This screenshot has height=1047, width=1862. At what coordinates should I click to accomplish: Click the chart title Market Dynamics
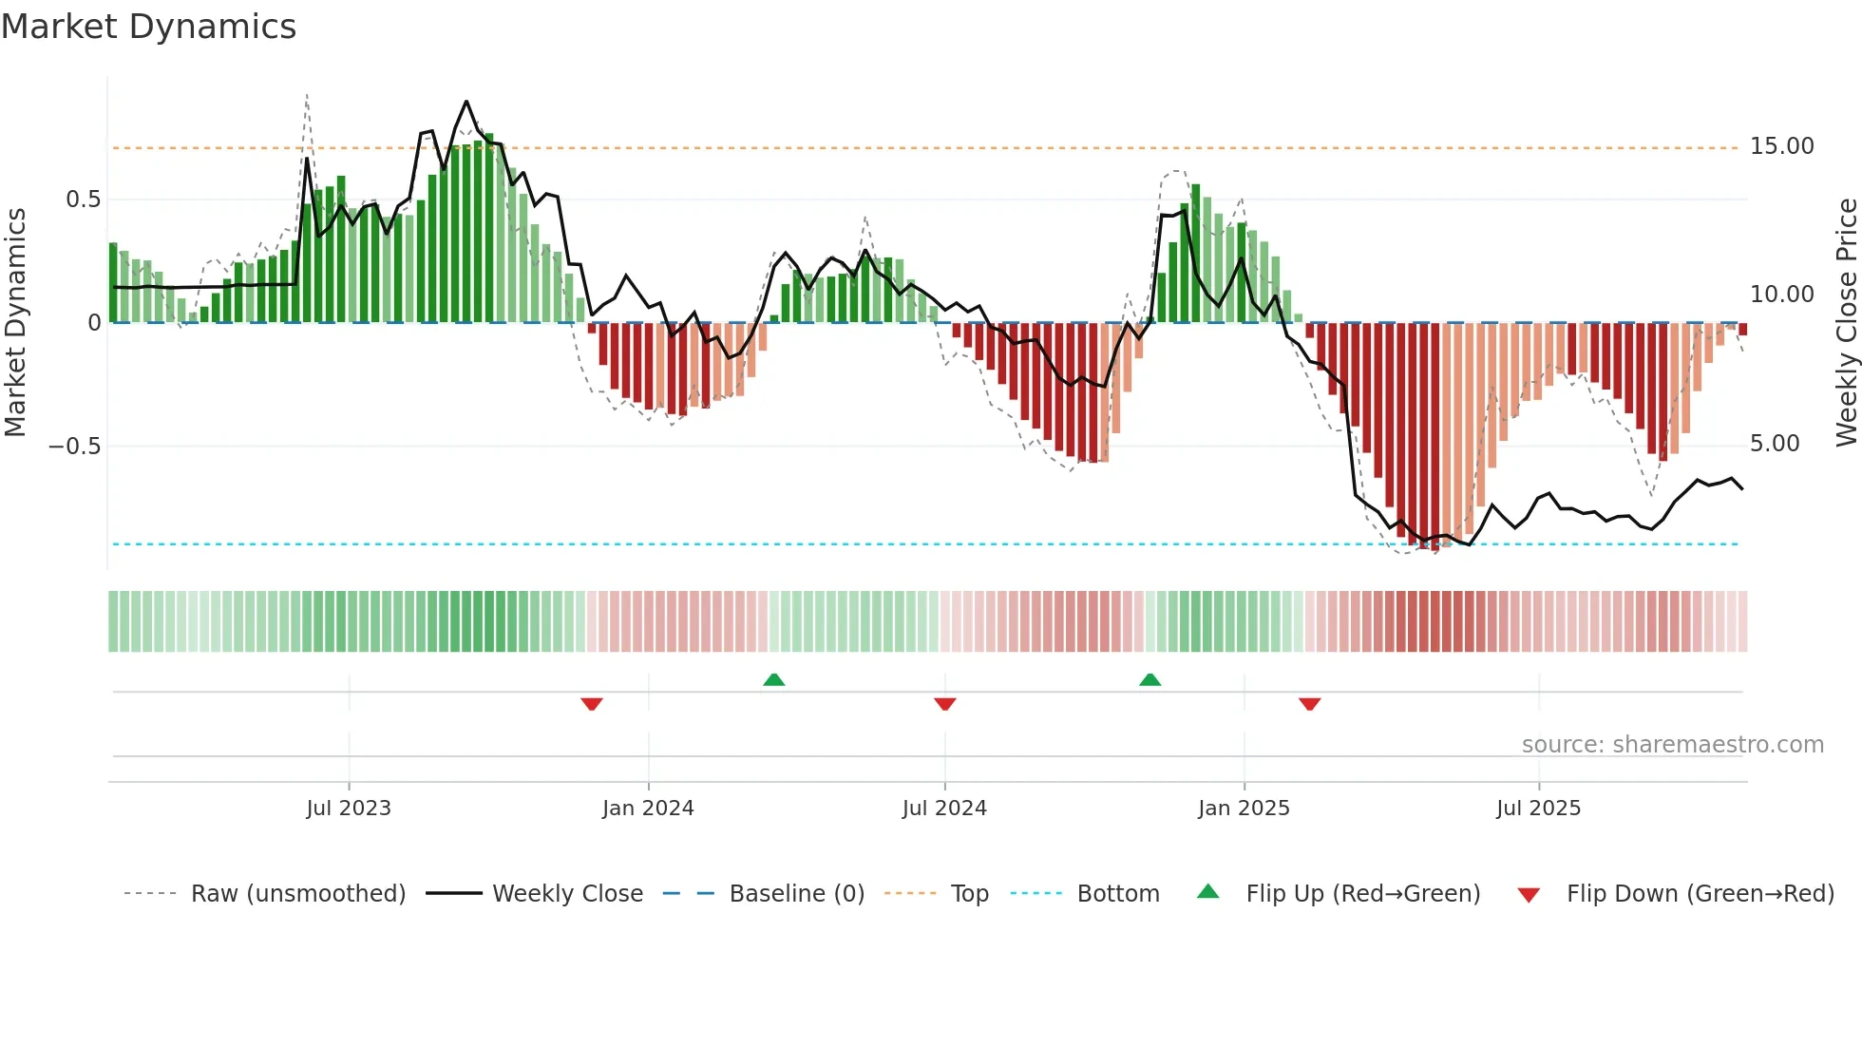[x=148, y=27]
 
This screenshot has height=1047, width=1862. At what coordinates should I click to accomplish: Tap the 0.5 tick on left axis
[x=83, y=200]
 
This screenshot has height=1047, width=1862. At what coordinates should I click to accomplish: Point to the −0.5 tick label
[x=74, y=447]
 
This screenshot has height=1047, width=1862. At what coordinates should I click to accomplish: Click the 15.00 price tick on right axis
[x=1781, y=146]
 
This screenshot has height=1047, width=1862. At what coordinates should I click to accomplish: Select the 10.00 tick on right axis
[x=1781, y=295]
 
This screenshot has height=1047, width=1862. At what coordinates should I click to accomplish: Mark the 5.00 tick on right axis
[x=1774, y=444]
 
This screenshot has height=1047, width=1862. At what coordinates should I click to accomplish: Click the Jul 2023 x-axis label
[x=349, y=809]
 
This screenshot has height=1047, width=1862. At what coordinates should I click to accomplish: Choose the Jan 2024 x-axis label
[x=648, y=809]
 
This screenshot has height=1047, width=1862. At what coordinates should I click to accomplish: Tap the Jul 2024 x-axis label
[x=944, y=809]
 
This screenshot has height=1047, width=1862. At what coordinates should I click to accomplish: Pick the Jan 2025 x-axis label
[x=1244, y=809]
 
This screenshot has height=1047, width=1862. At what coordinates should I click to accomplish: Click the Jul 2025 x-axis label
[x=1538, y=809]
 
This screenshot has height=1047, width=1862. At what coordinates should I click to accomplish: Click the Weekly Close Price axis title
[x=1846, y=323]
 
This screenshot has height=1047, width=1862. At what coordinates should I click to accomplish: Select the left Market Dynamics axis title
[x=15, y=323]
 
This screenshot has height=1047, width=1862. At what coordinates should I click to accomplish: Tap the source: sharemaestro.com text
[x=1672, y=745]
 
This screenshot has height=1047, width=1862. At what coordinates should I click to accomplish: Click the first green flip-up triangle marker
[x=774, y=679]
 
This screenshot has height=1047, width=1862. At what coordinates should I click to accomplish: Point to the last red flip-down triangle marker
[x=1309, y=704]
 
